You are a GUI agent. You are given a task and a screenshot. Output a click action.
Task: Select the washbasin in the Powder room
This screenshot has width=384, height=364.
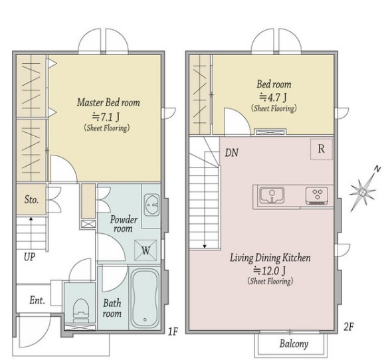tap(151, 205)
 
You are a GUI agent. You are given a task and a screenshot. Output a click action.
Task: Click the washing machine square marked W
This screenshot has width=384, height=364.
tap(145, 250)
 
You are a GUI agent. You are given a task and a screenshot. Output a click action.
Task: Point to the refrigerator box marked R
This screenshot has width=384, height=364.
tap(322, 149)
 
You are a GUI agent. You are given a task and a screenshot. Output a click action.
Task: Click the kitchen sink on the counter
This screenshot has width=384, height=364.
tap(272, 195)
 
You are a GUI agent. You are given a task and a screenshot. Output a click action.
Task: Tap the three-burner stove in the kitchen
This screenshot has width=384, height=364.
tap(317, 195)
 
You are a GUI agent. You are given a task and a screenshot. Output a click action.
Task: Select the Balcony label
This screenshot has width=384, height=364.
tap(294, 343)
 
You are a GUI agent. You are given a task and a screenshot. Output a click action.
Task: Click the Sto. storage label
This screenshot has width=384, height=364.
tap(32, 200)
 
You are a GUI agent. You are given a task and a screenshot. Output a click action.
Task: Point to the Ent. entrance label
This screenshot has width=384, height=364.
tap(37, 300)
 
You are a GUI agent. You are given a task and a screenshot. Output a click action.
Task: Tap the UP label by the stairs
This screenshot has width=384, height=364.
tap(30, 257)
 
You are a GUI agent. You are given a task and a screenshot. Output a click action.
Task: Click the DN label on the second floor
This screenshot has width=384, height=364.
tap(232, 153)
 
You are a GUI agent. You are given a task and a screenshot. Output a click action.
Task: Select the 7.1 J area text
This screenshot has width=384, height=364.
tap(106, 117)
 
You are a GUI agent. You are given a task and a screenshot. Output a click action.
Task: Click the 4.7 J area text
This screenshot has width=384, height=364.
tap(273, 98)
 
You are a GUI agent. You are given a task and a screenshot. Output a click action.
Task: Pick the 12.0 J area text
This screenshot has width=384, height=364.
tap(269, 270)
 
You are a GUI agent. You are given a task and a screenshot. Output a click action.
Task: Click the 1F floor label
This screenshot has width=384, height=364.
tap(173, 331)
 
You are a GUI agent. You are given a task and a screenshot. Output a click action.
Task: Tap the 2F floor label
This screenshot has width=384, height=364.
tap(349, 327)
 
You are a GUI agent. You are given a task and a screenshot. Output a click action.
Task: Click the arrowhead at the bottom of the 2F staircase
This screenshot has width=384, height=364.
tap(205, 246)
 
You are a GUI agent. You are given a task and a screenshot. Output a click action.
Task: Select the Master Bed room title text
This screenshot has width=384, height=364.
tap(108, 102)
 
